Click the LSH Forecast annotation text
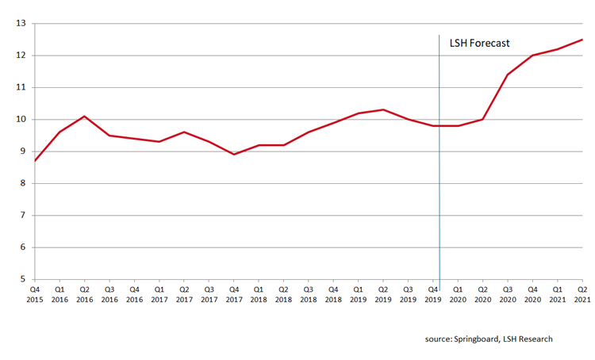coord(479,44)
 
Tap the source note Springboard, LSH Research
coord(487,339)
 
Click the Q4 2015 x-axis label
coord(34,296)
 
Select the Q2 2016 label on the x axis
coord(84,296)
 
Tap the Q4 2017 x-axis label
coord(233,296)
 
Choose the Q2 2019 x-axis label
coord(383,296)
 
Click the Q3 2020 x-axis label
coord(508,296)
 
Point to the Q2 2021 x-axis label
coord(582,296)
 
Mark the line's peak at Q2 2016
coord(84,116)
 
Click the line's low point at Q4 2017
coord(233,155)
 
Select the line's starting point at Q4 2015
coord(34,161)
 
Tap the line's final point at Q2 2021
coord(582,40)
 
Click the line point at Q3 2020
coord(508,75)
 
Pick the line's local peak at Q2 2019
coord(383,109)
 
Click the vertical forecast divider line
coord(439,198)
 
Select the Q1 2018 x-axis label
coord(259,296)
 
